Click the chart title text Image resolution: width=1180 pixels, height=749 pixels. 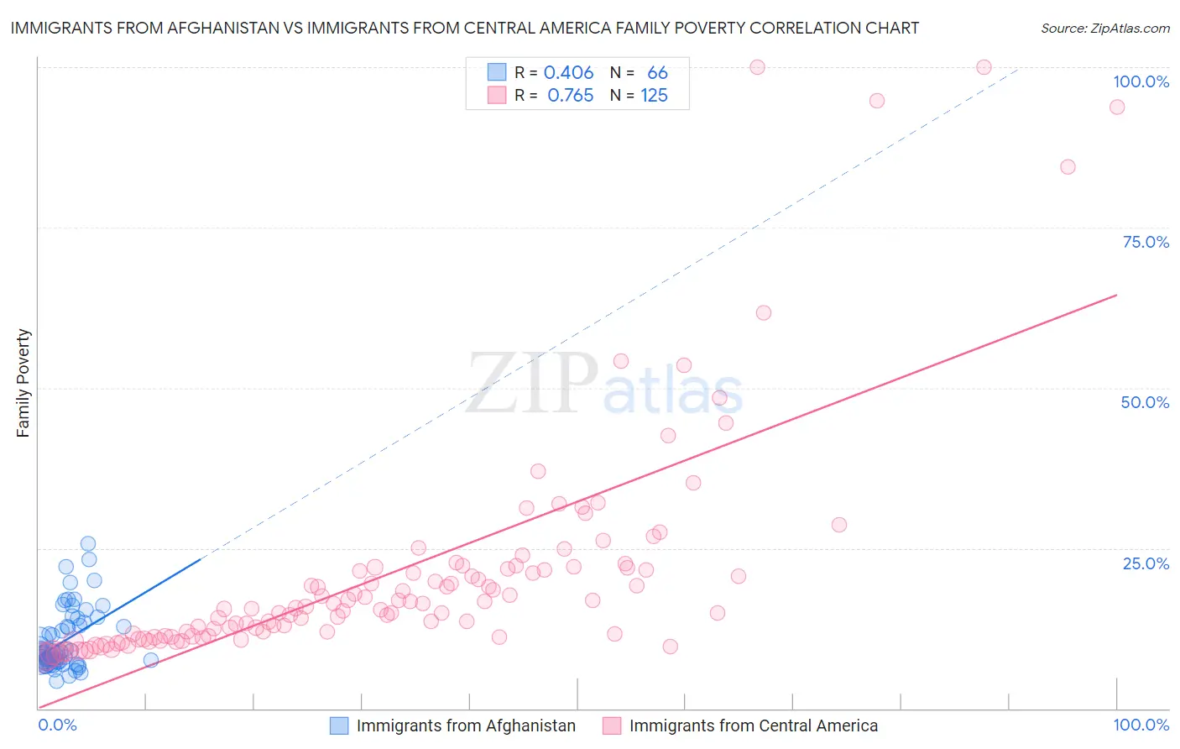(x=464, y=28)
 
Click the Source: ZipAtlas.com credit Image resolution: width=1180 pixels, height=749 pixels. (x=1104, y=28)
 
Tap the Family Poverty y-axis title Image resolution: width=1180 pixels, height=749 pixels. (x=23, y=383)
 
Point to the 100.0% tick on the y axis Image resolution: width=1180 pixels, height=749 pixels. (x=1141, y=81)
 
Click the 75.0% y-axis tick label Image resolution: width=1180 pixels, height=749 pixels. (x=1146, y=242)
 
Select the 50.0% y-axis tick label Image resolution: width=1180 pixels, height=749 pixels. (x=1145, y=402)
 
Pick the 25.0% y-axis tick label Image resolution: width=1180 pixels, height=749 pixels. (x=1146, y=563)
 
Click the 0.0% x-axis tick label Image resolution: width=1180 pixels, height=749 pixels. (x=57, y=725)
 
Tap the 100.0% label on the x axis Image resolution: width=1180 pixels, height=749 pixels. (x=1141, y=725)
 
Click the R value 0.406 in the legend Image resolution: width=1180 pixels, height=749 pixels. (x=568, y=73)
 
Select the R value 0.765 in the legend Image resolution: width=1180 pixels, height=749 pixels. (x=570, y=96)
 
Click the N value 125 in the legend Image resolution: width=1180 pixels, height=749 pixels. (x=654, y=96)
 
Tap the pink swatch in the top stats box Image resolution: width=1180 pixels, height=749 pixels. (x=497, y=95)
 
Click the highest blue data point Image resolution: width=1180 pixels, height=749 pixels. (x=87, y=544)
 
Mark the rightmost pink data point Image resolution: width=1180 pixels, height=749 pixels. (x=1116, y=107)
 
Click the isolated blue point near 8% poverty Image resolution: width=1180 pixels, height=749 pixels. (x=151, y=660)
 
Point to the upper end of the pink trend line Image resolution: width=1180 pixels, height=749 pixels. (x=1116, y=295)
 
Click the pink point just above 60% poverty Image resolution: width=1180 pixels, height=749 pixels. (x=763, y=312)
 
